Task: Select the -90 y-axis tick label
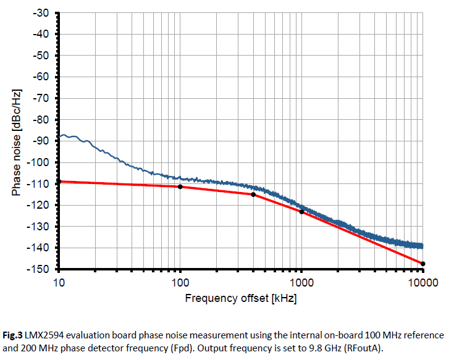pos(41,141)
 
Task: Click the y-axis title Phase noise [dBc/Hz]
pos(16,141)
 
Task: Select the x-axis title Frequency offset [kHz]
pos(240,299)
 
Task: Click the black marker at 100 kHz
pos(180,186)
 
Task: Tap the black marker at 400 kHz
pos(253,195)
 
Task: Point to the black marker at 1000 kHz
pos(301,212)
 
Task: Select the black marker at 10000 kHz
pos(423,264)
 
